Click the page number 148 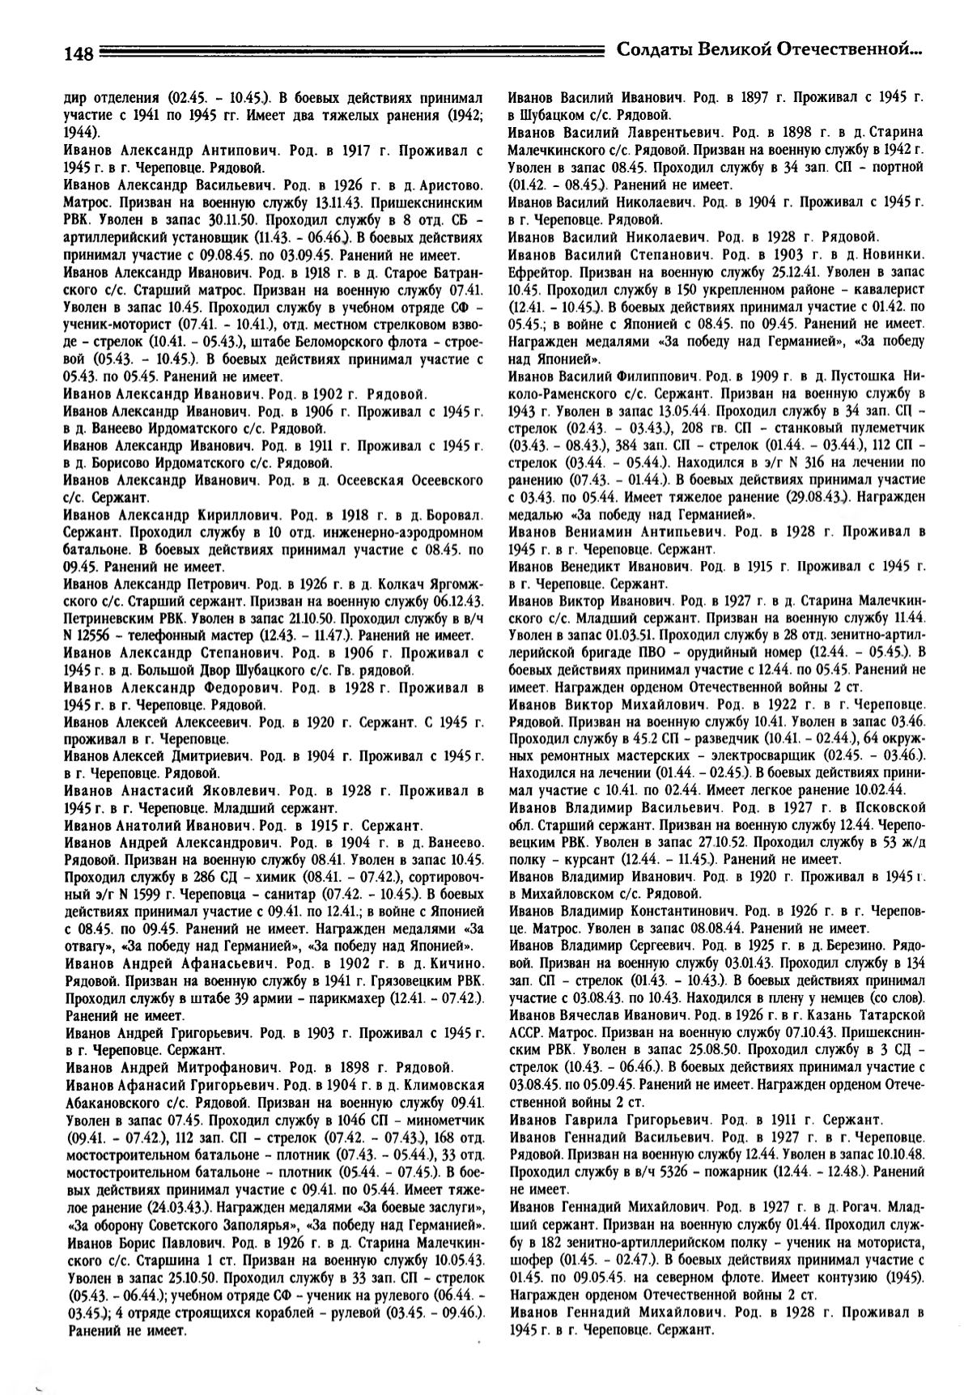[x=79, y=53]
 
